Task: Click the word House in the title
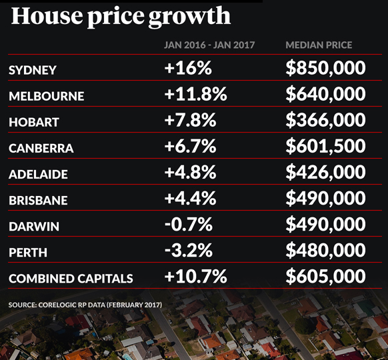click(x=46, y=15)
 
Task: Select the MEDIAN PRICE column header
click(x=319, y=45)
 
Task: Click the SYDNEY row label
click(x=33, y=70)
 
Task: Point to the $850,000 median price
click(x=325, y=68)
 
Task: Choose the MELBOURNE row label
click(x=47, y=96)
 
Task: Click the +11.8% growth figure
click(x=195, y=94)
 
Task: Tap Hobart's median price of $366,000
click(x=325, y=120)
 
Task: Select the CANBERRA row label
click(x=41, y=148)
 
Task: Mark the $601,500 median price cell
click(x=325, y=146)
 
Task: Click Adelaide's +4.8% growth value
click(x=190, y=172)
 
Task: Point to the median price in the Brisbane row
click(x=325, y=198)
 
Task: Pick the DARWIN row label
click(x=34, y=227)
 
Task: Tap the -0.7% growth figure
click(x=189, y=225)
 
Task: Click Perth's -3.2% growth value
click(x=189, y=251)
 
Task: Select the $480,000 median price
click(x=325, y=251)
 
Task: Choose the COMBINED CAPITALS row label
click(x=71, y=279)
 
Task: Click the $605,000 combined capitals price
click(x=325, y=276)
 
